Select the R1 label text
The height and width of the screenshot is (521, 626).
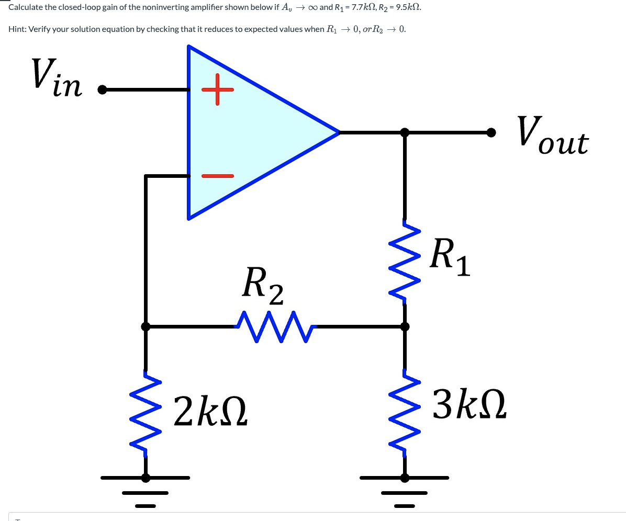(449, 257)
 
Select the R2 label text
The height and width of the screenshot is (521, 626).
(263, 286)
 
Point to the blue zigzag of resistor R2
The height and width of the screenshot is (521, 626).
(274, 326)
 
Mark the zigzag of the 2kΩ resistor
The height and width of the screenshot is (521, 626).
(146, 413)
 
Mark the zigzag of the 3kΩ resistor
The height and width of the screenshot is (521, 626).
(405, 413)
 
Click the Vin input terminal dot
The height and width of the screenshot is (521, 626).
(102, 90)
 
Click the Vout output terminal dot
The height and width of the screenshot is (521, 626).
(491, 132)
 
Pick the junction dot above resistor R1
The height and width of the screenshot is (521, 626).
(405, 132)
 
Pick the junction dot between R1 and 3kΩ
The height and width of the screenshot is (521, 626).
(405, 326)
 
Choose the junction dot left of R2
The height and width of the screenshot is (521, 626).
(146, 326)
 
